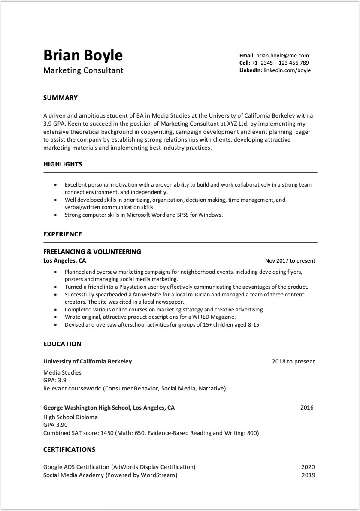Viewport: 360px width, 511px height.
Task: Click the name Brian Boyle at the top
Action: [x=83, y=55]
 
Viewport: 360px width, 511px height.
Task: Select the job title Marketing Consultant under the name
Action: [x=83, y=70]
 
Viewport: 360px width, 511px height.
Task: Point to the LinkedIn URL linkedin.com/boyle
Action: [x=287, y=70]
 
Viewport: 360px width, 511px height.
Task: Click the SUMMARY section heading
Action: [x=61, y=98]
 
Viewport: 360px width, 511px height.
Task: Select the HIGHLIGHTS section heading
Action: [x=63, y=164]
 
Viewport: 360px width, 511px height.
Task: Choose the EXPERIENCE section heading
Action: [x=63, y=234]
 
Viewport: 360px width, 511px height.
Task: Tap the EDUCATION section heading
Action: [x=62, y=344]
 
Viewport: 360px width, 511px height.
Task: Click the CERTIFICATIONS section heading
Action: [x=69, y=450]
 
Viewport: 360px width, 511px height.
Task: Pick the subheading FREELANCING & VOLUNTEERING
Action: [x=92, y=252]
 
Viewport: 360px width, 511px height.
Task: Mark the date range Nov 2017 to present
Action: [x=290, y=261]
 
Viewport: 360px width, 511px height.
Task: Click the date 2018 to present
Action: [x=293, y=362]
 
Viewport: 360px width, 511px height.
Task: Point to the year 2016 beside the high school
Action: [x=307, y=408]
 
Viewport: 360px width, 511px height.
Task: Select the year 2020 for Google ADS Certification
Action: [x=308, y=467]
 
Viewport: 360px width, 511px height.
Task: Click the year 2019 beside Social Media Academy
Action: [x=308, y=475]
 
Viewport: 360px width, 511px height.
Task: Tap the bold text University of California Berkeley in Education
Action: [x=88, y=362]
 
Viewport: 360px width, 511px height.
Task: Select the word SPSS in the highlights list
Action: [x=183, y=215]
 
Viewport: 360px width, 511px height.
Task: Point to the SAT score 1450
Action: [x=107, y=433]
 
